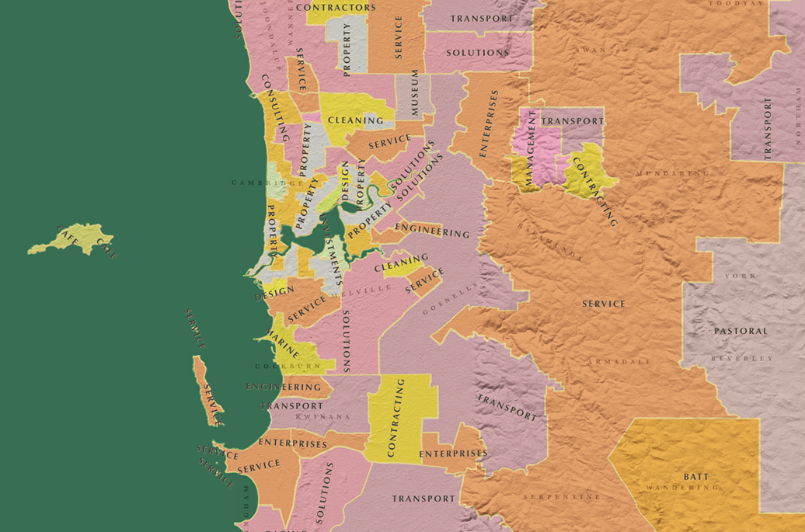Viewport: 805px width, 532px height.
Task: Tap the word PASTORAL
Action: tap(741, 331)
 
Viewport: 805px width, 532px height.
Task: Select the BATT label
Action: tap(696, 476)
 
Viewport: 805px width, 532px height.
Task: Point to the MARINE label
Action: tap(282, 343)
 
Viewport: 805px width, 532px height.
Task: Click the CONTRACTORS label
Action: tap(336, 8)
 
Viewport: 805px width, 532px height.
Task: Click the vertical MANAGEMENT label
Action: tap(531, 148)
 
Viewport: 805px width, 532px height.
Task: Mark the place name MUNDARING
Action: tap(672, 173)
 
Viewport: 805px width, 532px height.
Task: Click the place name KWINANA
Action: tap(321, 417)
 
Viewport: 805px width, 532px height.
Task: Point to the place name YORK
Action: tap(740, 276)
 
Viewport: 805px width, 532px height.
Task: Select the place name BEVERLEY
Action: tap(742, 358)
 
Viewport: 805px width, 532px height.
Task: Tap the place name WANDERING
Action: tap(682, 488)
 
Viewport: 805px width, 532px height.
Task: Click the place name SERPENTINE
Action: tap(562, 496)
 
